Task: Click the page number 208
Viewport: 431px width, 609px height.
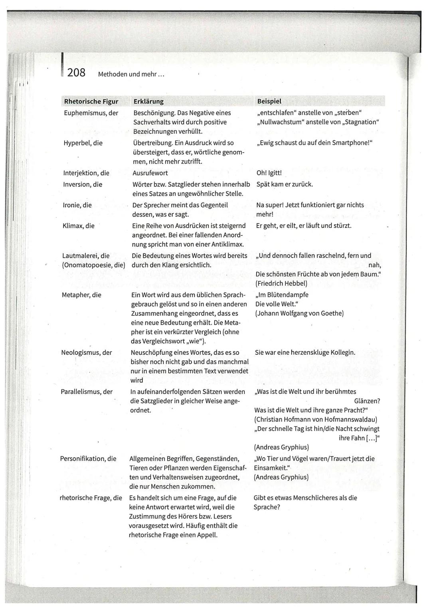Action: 76,73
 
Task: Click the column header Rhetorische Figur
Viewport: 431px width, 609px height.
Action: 91,101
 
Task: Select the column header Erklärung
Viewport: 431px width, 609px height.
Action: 148,101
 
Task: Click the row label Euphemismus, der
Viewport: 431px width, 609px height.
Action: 91,113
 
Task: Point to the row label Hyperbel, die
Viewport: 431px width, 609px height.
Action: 83,143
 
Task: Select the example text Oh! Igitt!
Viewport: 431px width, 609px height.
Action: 269,173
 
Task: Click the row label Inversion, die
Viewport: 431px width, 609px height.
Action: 83,184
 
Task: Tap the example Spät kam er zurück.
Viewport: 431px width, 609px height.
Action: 285,184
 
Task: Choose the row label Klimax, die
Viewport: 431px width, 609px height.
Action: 79,226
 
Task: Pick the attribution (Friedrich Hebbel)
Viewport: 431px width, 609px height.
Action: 281,283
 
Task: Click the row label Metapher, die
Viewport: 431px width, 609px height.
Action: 81,295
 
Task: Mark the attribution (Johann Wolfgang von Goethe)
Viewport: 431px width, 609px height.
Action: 299,313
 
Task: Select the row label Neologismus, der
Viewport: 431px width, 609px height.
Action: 86,352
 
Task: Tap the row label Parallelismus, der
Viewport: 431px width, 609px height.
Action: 87,391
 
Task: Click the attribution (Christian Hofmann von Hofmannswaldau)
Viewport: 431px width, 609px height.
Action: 315,419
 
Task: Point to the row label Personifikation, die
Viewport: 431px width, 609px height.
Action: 88,459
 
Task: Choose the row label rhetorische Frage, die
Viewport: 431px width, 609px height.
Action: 91,498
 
